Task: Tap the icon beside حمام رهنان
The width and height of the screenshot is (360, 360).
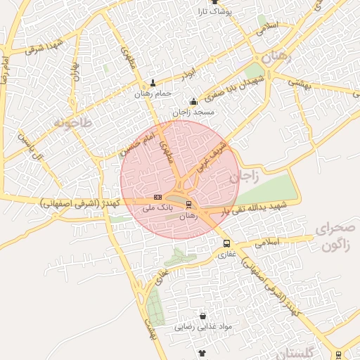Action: (x=153, y=83)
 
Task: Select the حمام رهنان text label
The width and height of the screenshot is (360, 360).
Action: (x=154, y=94)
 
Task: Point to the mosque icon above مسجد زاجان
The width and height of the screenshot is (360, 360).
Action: (x=193, y=101)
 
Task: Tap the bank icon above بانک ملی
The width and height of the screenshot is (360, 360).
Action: (x=157, y=198)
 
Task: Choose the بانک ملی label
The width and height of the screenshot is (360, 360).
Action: (x=157, y=208)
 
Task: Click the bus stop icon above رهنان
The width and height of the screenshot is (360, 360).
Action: (x=188, y=205)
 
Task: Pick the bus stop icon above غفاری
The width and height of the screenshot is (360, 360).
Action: (x=226, y=244)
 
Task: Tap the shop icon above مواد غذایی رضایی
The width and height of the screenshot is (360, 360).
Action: (x=203, y=316)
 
